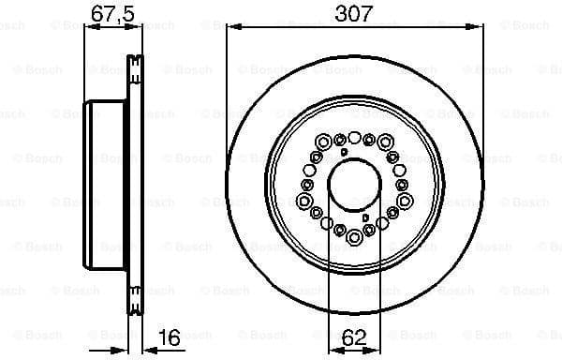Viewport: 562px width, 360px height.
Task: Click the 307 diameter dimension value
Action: pyautogui.click(x=354, y=14)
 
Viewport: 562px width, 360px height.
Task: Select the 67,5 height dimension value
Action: pyautogui.click(x=111, y=14)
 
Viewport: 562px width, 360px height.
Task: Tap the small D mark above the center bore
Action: pyautogui.click(x=344, y=151)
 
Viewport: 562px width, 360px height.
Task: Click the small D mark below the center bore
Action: pyautogui.click(x=364, y=217)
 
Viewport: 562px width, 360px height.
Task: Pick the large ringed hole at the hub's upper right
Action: pyautogui.click(x=384, y=142)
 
